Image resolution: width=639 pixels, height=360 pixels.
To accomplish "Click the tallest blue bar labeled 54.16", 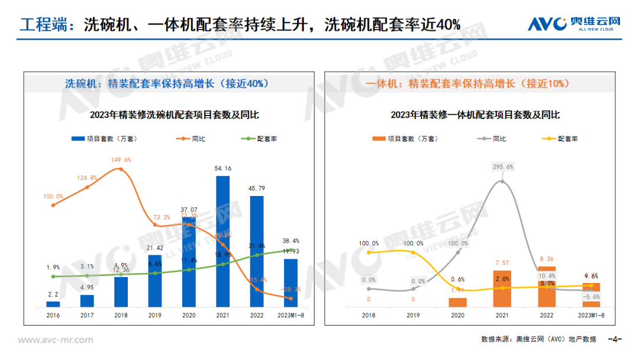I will coord(222,241).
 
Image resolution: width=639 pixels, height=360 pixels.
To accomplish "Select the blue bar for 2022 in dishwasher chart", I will coord(256,251).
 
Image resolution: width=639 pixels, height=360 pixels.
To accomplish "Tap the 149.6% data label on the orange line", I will coord(121,160).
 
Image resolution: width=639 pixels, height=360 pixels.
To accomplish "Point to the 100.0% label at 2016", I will coord(53,196).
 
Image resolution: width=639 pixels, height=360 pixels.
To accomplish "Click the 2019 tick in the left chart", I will coord(154,316).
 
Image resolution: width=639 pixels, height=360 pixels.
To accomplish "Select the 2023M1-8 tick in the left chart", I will coord(291,316).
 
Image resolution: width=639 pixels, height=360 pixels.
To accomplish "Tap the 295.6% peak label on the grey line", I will coord(502,167).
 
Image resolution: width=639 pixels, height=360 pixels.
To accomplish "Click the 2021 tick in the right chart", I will coord(502,316).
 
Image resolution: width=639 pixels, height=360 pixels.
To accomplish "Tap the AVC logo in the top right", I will coord(573,24).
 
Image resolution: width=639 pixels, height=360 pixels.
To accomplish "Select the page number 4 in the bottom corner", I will coord(615,340).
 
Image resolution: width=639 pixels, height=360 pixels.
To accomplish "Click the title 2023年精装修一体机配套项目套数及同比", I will coord(475,115).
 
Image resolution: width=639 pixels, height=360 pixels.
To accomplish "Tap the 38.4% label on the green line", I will coord(291,242).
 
